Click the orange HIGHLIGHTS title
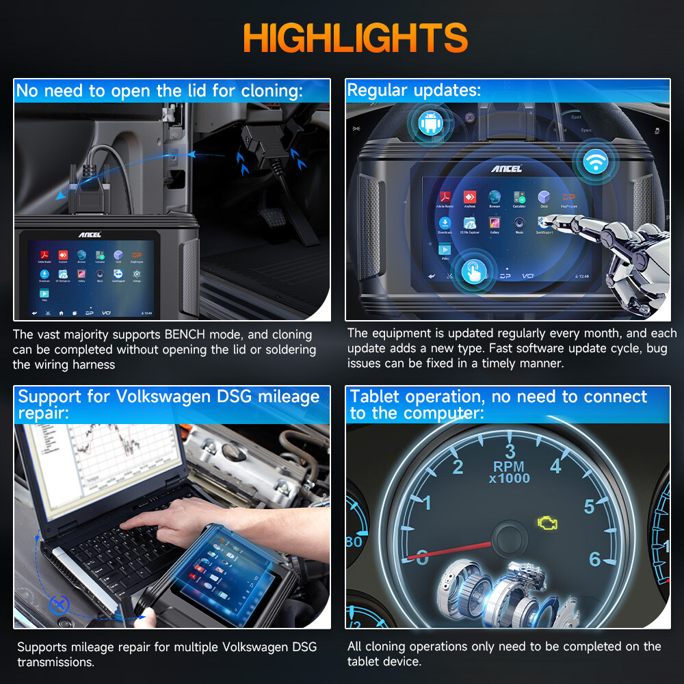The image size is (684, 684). point(355,38)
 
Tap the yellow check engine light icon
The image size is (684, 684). point(547,524)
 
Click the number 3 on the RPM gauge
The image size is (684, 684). point(510,451)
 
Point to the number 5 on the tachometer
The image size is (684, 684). point(589,507)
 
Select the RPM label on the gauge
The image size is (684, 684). point(510,466)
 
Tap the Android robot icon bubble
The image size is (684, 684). point(430,124)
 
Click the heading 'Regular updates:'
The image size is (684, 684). point(414,90)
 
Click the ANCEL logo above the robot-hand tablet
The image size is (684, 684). point(506,168)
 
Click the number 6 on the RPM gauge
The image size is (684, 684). point(594,560)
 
